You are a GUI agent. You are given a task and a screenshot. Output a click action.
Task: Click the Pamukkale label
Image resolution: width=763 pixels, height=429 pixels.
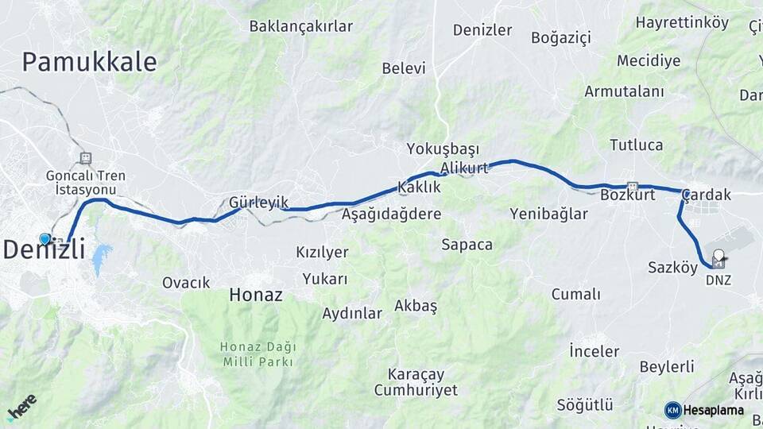[89, 62]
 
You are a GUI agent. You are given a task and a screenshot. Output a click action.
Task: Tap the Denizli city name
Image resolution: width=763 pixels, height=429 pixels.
[44, 249]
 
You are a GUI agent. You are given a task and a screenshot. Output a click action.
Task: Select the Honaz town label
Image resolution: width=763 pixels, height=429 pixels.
[255, 295]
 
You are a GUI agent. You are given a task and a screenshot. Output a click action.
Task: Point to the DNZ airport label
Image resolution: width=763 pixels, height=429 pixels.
[718, 280]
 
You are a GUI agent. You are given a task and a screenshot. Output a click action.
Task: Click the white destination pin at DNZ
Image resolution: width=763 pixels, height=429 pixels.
[718, 257]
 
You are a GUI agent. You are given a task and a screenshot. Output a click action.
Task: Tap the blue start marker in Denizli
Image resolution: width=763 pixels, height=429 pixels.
[45, 238]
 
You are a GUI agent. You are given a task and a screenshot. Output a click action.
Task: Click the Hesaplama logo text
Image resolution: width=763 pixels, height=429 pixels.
[712, 411]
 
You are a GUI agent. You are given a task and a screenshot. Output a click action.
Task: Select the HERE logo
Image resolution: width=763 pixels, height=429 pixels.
[21, 407]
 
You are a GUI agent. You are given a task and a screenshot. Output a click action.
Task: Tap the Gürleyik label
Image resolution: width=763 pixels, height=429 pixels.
[258, 203]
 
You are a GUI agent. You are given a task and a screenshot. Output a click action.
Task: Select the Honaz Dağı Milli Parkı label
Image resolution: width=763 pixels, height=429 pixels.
[258, 354]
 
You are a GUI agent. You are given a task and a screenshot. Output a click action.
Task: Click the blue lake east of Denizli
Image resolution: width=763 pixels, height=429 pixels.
[101, 259]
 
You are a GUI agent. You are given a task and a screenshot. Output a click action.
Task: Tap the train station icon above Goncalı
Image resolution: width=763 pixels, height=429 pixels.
[86, 158]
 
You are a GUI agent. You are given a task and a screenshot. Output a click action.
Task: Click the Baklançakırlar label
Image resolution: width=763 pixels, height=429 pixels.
[300, 26]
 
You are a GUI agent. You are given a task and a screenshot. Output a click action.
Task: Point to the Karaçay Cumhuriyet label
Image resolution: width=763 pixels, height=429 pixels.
[416, 382]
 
